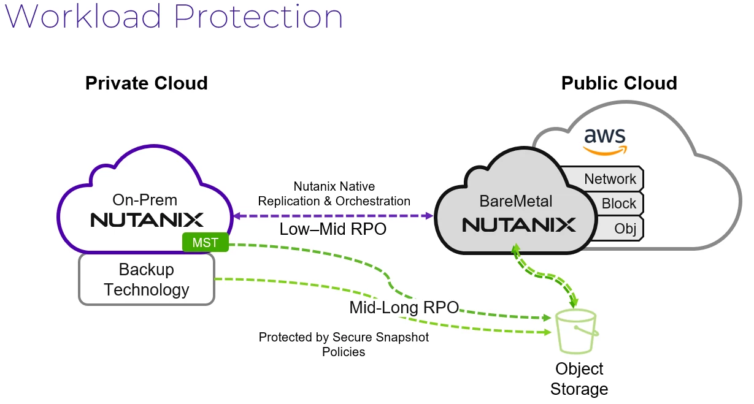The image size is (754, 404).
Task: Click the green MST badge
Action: (205, 243)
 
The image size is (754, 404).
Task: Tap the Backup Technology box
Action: (147, 280)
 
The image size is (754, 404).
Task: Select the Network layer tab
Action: (609, 179)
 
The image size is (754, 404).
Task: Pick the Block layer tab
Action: (618, 204)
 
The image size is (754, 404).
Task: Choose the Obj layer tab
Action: (625, 229)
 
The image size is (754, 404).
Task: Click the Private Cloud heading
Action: (147, 83)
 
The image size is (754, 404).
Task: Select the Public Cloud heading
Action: (619, 83)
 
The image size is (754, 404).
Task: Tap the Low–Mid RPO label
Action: (333, 229)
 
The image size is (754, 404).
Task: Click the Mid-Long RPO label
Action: (404, 307)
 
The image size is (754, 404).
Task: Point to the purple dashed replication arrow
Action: (333, 216)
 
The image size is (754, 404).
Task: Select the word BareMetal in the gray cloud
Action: (517, 201)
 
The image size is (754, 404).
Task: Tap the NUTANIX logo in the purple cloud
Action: (147, 219)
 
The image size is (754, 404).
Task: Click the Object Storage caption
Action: (579, 379)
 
